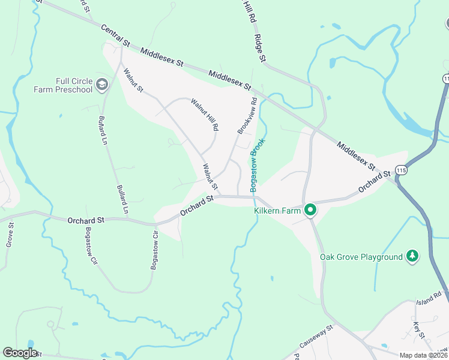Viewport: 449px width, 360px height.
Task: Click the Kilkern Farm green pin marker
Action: pos(310,210)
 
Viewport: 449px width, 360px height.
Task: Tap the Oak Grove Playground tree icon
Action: pos(412,256)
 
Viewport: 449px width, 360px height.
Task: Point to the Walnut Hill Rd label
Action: pos(205,116)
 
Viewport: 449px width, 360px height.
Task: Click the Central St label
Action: pos(115,36)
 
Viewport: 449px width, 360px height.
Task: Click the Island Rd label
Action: pos(429,298)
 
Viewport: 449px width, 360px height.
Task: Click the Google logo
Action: pos(20,353)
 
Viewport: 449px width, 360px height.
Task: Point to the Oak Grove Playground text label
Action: pos(361,257)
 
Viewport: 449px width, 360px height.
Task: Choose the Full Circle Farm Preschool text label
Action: pos(65,85)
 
